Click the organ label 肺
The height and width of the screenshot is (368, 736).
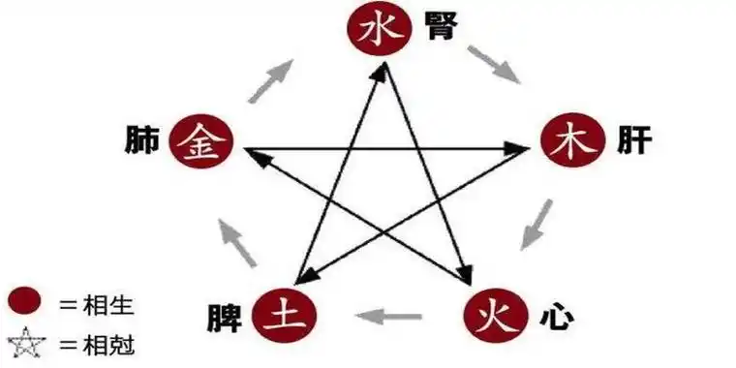click(141, 141)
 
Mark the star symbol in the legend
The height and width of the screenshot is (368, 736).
click(26, 343)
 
